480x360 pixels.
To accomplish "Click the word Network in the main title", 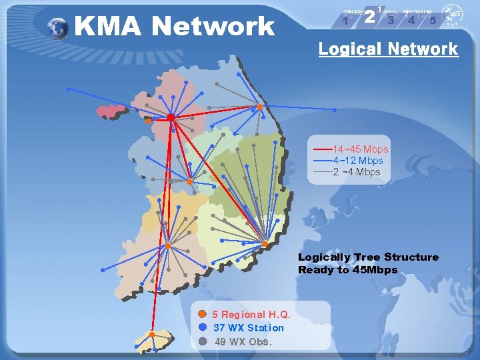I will (213, 27).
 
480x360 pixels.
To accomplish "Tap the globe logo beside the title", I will (59, 27).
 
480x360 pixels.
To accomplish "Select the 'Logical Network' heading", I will (388, 49).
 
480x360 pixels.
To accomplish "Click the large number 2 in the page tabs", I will (369, 18).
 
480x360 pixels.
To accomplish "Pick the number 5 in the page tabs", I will (433, 20).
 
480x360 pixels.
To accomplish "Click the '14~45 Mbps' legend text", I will (361, 149).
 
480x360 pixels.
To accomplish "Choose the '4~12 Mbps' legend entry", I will (358, 160).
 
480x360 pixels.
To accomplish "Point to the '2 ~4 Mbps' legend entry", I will (357, 171).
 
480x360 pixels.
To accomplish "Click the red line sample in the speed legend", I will (323, 149).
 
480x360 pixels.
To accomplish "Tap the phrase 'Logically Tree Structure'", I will (368, 257).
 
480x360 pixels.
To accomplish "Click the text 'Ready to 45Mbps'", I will (347, 270).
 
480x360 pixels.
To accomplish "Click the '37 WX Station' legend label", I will (248, 327).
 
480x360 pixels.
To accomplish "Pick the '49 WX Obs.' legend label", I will (243, 341).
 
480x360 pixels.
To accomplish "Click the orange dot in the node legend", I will (203, 313).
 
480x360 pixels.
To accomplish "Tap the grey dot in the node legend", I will (203, 341).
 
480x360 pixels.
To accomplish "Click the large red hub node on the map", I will (171, 117).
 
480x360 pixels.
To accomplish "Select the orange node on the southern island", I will (152, 334).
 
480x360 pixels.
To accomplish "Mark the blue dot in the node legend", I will (203, 327).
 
